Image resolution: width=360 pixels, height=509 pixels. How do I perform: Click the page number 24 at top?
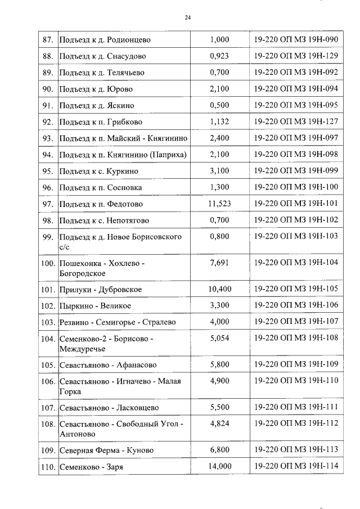187,19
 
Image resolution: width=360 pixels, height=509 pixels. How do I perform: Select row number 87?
48,40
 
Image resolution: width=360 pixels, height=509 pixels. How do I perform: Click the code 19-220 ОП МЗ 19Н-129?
296,56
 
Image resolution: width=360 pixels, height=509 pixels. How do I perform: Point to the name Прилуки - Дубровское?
101,290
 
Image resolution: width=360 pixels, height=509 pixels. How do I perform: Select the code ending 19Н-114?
296,467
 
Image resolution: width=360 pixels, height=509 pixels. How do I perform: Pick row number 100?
48,263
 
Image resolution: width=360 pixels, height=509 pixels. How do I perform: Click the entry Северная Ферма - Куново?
106,451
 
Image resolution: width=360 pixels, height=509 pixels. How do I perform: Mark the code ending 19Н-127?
296,121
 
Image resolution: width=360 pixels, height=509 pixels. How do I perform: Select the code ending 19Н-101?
296,204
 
